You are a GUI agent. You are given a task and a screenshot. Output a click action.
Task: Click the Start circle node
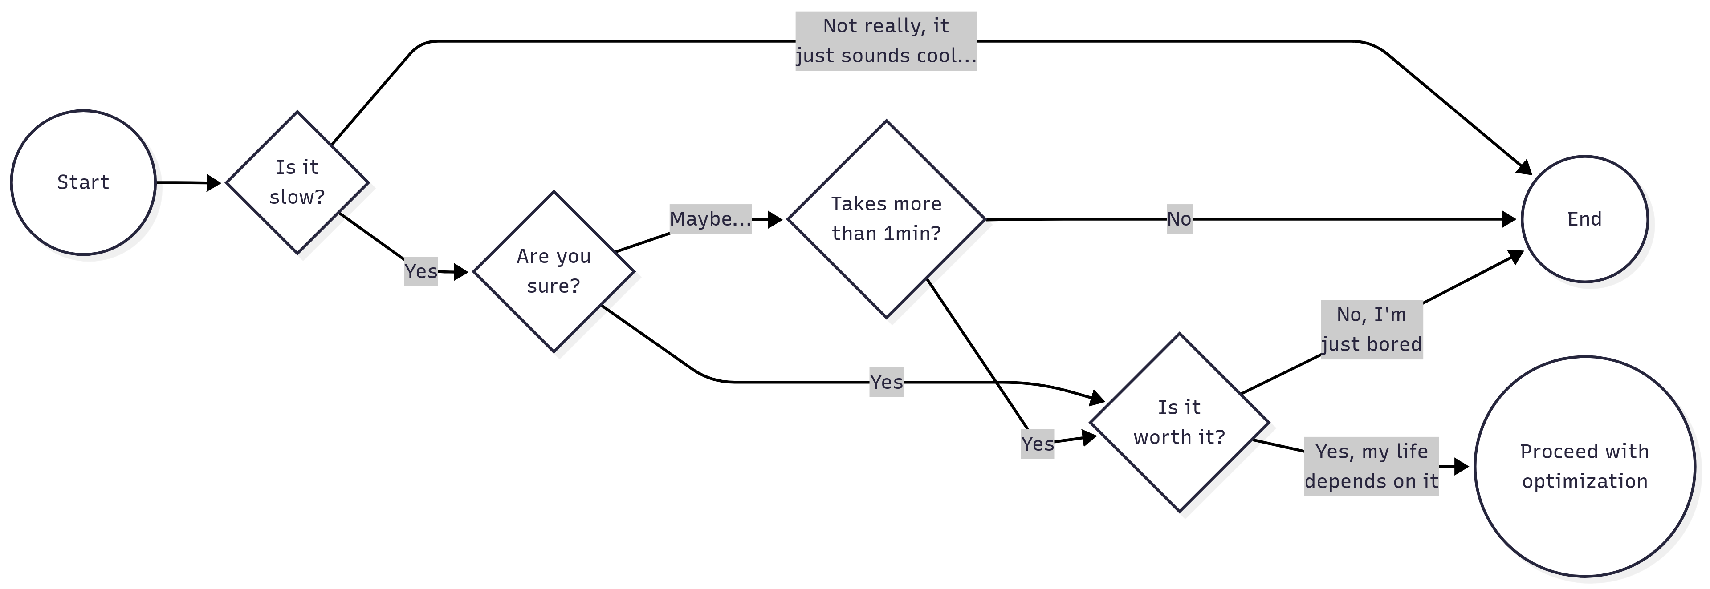(x=83, y=182)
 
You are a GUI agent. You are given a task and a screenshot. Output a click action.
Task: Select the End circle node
(x=1584, y=219)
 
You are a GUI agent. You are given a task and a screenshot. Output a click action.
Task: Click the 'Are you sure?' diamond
(x=553, y=271)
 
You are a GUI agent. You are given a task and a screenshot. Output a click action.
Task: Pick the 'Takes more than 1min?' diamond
(x=886, y=219)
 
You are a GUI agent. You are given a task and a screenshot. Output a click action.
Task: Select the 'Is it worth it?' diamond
(x=1179, y=423)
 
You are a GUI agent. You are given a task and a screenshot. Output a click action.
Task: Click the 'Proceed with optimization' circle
(x=1584, y=466)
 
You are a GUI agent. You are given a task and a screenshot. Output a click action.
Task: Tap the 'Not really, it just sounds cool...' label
(x=886, y=41)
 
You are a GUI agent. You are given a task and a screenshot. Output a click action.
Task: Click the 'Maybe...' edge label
(x=710, y=219)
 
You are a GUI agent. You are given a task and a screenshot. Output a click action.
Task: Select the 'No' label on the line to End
(x=1179, y=219)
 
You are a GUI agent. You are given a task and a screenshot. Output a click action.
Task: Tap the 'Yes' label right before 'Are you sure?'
(x=420, y=271)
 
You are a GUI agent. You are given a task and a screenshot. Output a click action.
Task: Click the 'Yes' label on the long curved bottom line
(x=886, y=382)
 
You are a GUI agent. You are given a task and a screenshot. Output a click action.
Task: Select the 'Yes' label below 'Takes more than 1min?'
(x=1037, y=444)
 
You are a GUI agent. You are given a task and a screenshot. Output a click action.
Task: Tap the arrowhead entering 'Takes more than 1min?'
(x=775, y=219)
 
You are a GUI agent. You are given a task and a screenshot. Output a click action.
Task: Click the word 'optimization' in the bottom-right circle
(x=1584, y=481)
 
